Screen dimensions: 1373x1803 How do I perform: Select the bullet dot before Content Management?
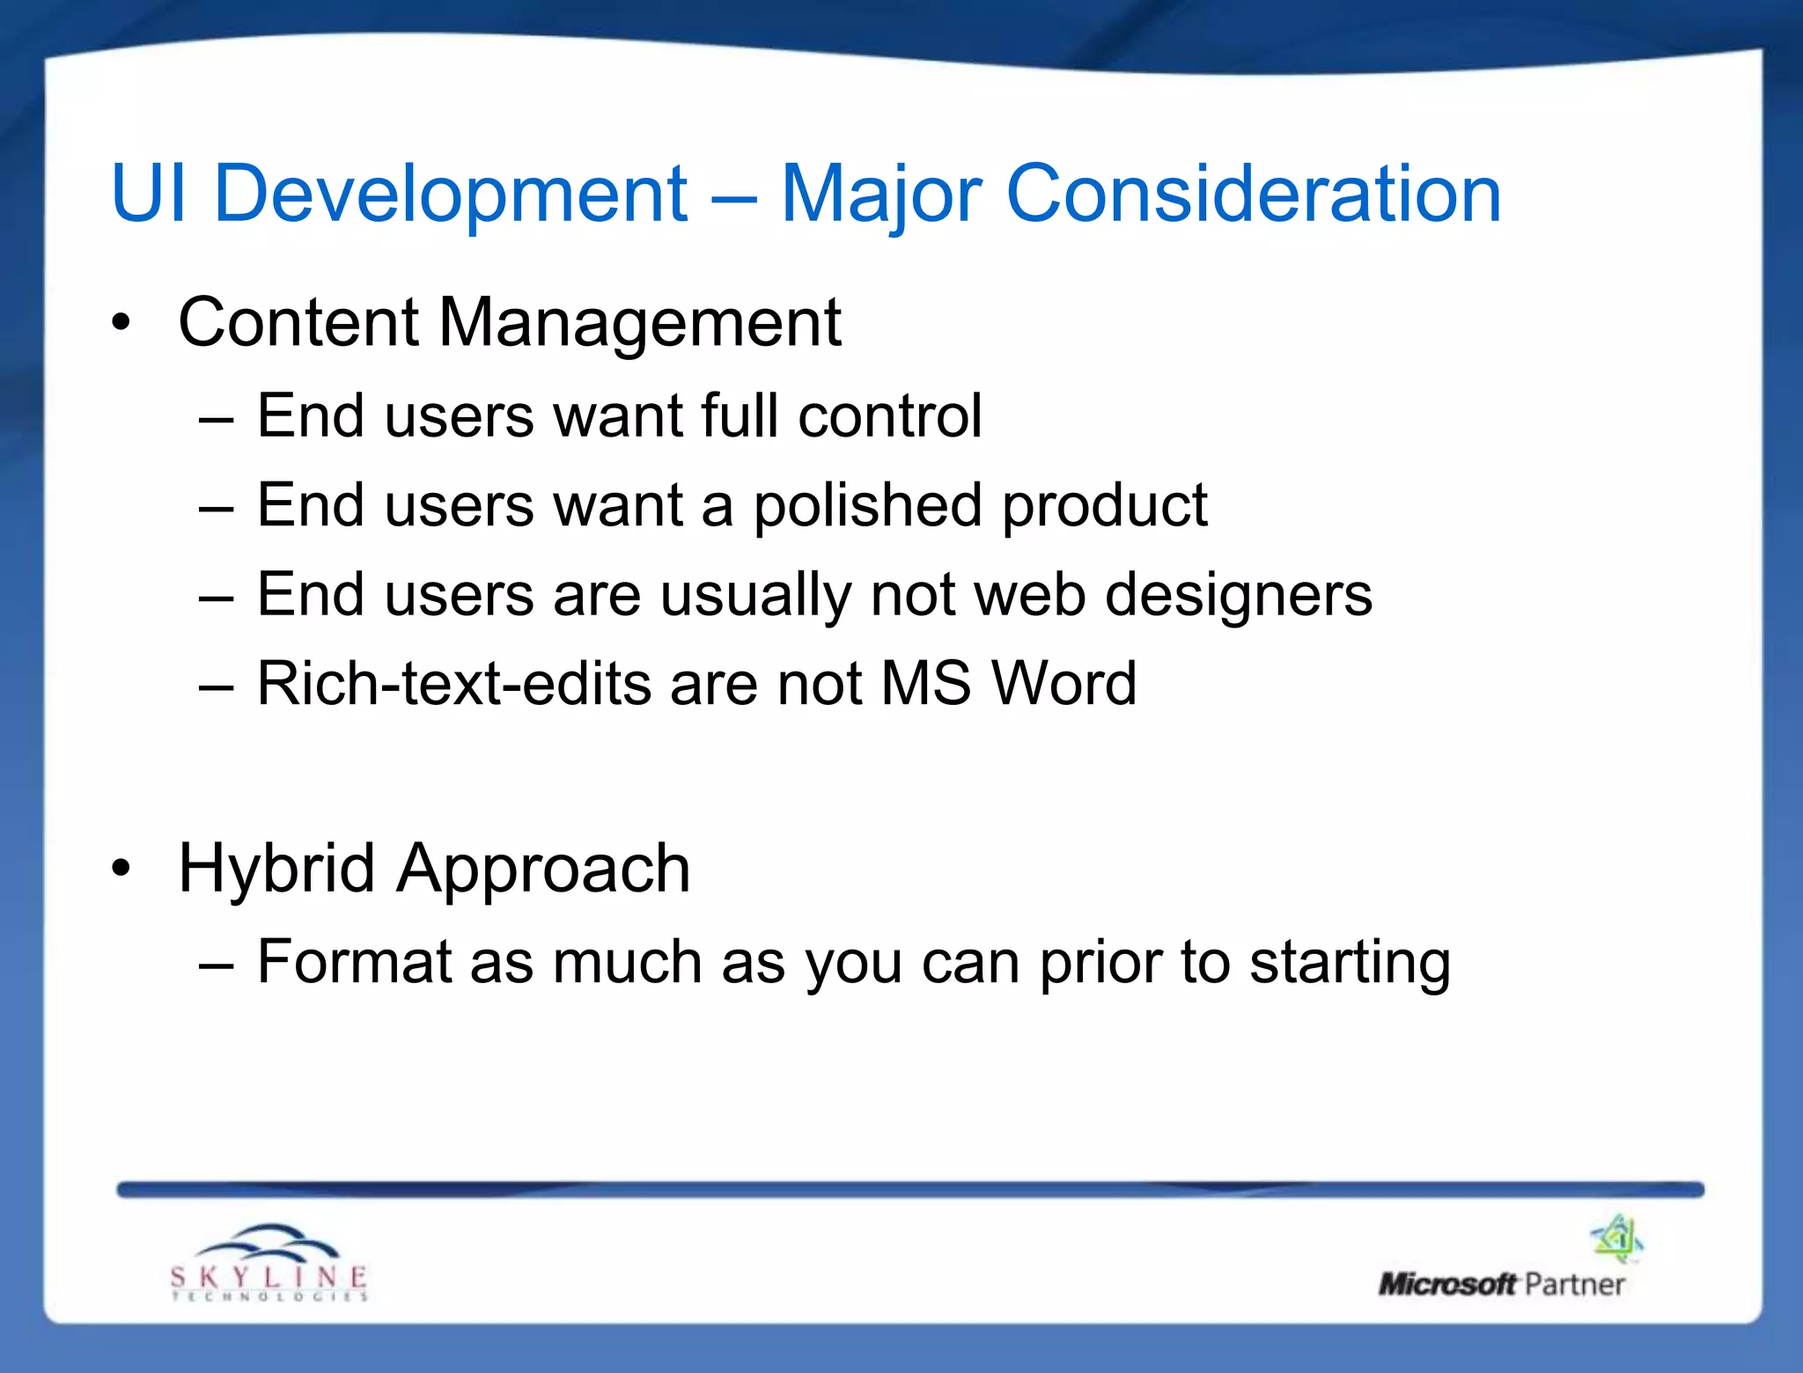coord(121,323)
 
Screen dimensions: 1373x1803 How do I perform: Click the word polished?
coord(866,507)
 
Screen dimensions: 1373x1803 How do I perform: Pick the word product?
coord(1104,507)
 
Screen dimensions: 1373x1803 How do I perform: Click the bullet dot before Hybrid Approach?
coord(121,869)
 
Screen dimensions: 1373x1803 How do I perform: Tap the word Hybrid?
coord(276,870)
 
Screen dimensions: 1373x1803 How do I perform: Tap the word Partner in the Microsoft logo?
coord(1574,1285)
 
